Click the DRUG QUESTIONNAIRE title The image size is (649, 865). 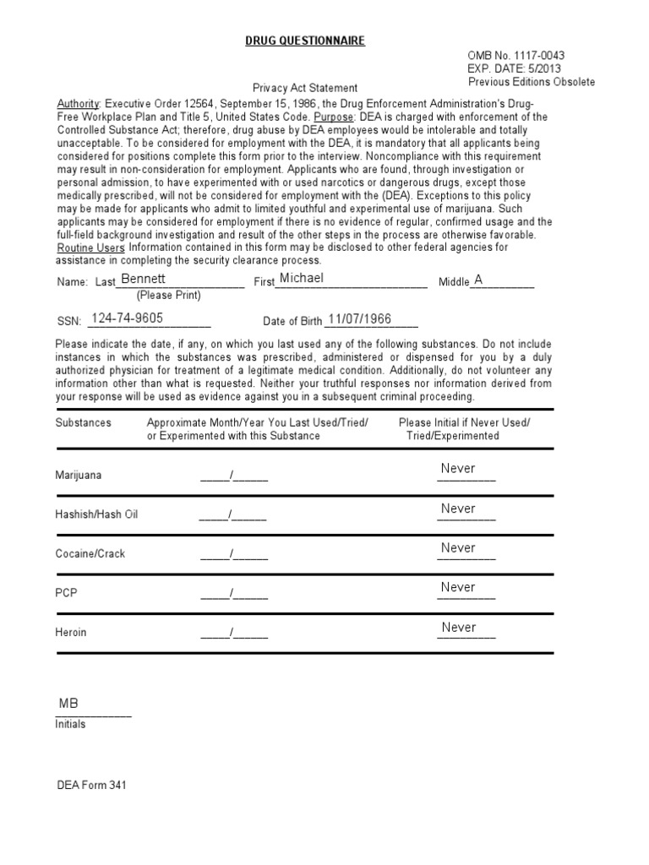click(x=305, y=41)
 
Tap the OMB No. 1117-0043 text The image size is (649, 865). click(x=516, y=55)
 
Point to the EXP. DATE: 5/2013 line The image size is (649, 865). click(x=514, y=68)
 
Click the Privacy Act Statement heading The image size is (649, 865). click(x=305, y=88)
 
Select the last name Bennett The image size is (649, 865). click(x=144, y=278)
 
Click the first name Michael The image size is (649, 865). click(x=302, y=278)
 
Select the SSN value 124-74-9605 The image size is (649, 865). click(x=127, y=318)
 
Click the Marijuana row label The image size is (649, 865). click(x=78, y=475)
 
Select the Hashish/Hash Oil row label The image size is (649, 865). click(x=96, y=514)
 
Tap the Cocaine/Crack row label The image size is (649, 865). click(x=90, y=554)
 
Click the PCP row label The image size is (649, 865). click(x=66, y=593)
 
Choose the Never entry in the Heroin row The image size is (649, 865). click(x=458, y=627)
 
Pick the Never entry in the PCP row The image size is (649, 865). click(x=458, y=587)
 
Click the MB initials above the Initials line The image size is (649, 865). click(x=68, y=704)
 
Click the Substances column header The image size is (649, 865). click(x=83, y=422)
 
